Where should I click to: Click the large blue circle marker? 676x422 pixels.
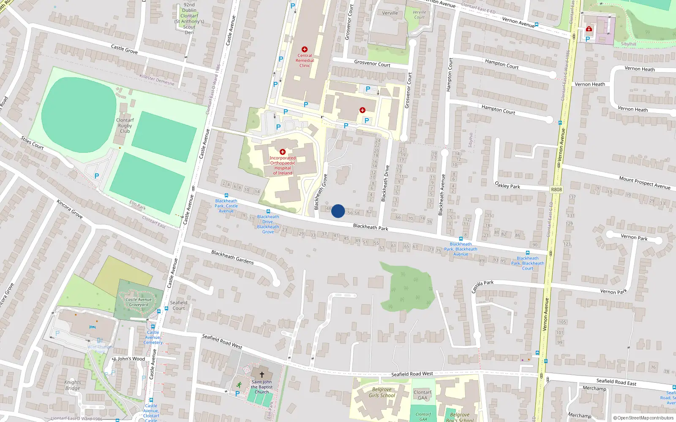338,211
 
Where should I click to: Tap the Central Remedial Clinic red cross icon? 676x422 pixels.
305,49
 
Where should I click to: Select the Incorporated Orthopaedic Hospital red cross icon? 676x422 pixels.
283,152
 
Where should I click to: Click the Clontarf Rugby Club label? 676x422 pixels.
125,126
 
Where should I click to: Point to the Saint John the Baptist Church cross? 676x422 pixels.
262,375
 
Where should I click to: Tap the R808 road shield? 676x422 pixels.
556,189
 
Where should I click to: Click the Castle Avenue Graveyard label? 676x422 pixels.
139,302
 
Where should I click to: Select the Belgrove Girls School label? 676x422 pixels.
382,393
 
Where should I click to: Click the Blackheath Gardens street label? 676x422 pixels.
232,257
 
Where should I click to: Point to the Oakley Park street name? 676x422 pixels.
507,185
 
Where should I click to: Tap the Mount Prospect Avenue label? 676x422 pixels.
644,183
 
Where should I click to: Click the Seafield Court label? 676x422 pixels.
179,306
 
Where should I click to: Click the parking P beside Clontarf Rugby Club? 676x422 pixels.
97,176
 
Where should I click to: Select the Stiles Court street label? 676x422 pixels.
32,143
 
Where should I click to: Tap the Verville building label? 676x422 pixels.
390,13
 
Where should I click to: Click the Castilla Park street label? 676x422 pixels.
482,286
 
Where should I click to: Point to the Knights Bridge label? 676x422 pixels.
73,385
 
